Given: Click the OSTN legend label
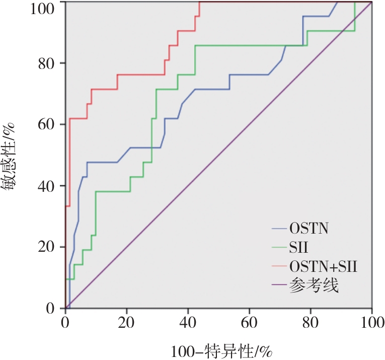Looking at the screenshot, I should (x=309, y=230).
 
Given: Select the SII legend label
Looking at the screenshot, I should (x=298, y=248).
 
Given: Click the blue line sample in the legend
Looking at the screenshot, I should (x=279, y=230).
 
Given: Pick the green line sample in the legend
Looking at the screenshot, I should (x=279, y=248).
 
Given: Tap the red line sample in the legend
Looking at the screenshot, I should (x=279, y=267).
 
